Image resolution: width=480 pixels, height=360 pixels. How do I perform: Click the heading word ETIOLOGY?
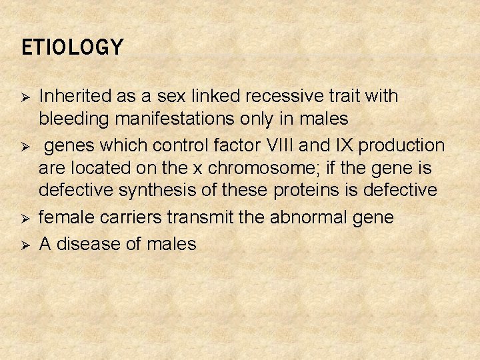(x=73, y=48)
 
